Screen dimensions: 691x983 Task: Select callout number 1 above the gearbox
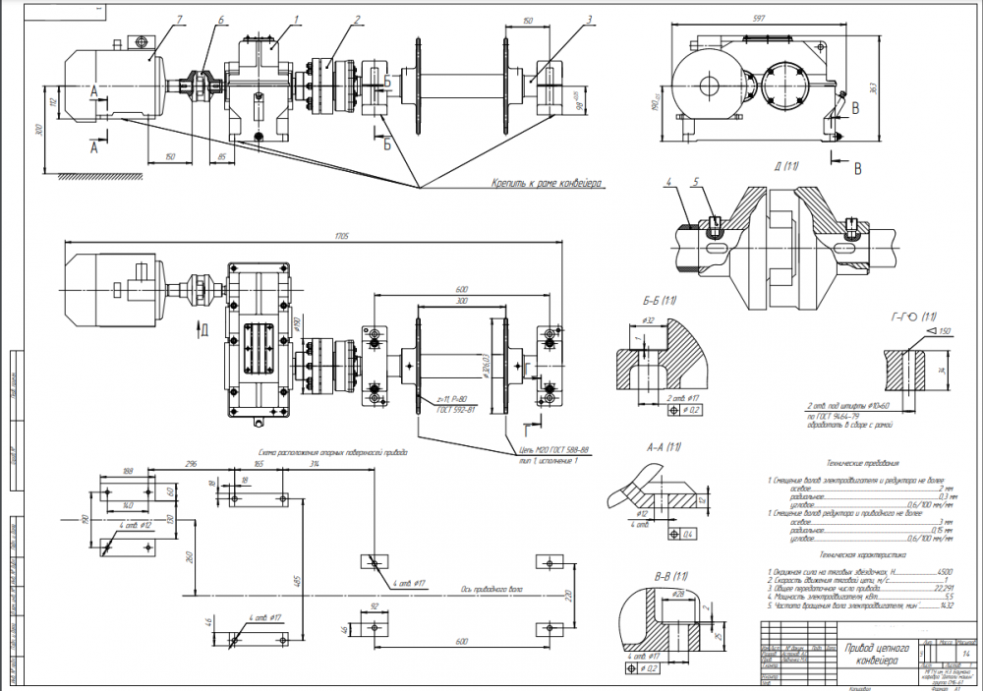click(x=296, y=20)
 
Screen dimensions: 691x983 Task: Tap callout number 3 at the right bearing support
click(x=587, y=20)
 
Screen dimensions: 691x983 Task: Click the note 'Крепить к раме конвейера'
click(x=547, y=183)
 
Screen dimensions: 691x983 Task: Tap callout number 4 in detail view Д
click(x=668, y=183)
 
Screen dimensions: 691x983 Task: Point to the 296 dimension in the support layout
click(x=192, y=462)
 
